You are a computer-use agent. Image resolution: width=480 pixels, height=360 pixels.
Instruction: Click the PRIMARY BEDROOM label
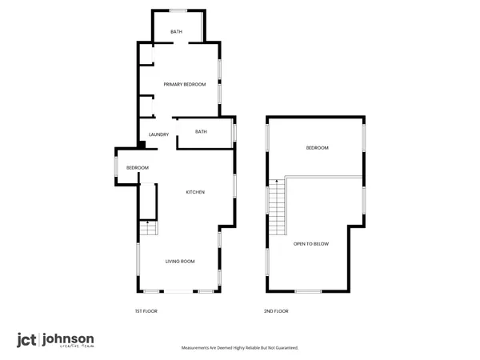click(x=185, y=85)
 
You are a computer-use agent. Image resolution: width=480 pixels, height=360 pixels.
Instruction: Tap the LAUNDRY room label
click(x=158, y=134)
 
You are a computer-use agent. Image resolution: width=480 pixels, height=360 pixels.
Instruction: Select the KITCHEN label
click(x=196, y=192)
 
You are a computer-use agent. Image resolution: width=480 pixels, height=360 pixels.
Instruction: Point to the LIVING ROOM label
click(x=180, y=262)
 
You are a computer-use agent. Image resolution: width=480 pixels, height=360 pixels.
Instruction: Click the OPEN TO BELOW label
click(x=310, y=244)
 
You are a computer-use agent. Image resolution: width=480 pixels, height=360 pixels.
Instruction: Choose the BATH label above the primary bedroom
click(x=176, y=32)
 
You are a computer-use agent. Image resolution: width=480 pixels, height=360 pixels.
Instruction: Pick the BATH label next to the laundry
click(x=201, y=132)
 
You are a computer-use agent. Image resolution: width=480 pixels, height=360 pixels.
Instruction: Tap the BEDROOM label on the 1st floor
click(x=138, y=167)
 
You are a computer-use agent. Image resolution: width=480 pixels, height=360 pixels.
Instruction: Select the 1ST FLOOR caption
click(x=145, y=311)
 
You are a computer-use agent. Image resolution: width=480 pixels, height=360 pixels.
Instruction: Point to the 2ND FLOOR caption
click(x=276, y=311)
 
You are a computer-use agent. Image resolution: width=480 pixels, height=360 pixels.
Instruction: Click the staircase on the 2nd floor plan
click(x=276, y=206)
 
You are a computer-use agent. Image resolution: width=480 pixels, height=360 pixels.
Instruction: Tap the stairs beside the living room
click(x=148, y=229)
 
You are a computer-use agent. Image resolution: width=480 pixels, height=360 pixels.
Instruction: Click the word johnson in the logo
click(x=69, y=339)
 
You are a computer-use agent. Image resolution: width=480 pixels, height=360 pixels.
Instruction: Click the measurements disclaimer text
click(x=241, y=349)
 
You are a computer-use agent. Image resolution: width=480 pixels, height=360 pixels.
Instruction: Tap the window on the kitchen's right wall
click(x=234, y=185)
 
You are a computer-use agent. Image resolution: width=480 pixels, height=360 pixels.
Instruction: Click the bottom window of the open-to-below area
click(x=308, y=290)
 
